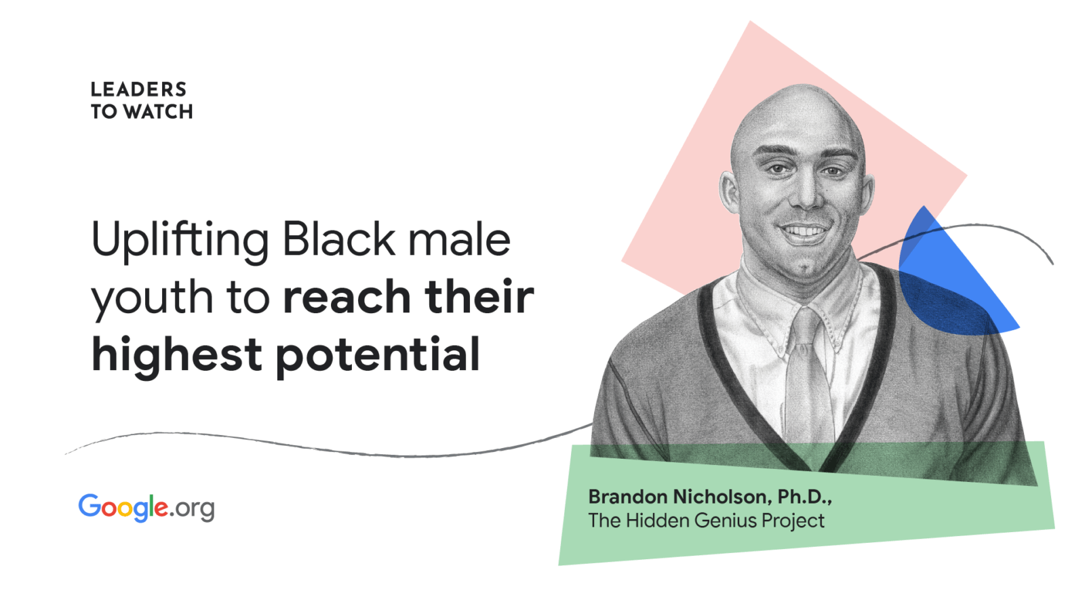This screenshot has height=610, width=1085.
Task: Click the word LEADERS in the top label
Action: (x=138, y=89)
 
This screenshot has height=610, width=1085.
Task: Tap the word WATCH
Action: (x=158, y=112)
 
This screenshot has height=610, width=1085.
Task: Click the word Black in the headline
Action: (x=338, y=239)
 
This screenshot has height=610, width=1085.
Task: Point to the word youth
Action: (x=152, y=298)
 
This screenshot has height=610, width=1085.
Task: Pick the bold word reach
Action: (x=347, y=296)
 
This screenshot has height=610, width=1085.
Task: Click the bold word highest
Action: (x=177, y=356)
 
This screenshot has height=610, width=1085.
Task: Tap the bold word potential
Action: (x=378, y=356)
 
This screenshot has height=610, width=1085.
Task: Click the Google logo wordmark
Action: (x=123, y=508)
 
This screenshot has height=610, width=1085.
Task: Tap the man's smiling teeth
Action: (x=804, y=231)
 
